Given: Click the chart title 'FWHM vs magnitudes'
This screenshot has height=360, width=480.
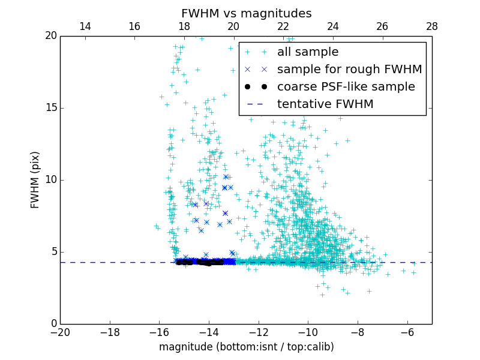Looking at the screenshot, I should [x=246, y=13].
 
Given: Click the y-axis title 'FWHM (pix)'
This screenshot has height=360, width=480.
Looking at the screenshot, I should [x=35, y=179].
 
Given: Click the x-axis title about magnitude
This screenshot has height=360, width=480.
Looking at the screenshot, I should [x=246, y=347].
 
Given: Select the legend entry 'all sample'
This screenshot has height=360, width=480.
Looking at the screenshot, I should [x=308, y=52].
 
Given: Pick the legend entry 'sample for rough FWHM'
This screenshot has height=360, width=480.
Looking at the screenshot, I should [x=349, y=69].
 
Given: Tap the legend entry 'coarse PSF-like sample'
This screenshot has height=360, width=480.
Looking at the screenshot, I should [x=346, y=86].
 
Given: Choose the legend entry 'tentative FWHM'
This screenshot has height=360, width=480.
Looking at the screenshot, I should [x=325, y=104].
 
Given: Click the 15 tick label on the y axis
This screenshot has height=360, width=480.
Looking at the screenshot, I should [x=50, y=108].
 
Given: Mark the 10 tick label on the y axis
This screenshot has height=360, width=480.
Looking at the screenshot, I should [x=50, y=180].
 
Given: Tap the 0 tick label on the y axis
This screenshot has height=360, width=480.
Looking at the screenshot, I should [x=53, y=324].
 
